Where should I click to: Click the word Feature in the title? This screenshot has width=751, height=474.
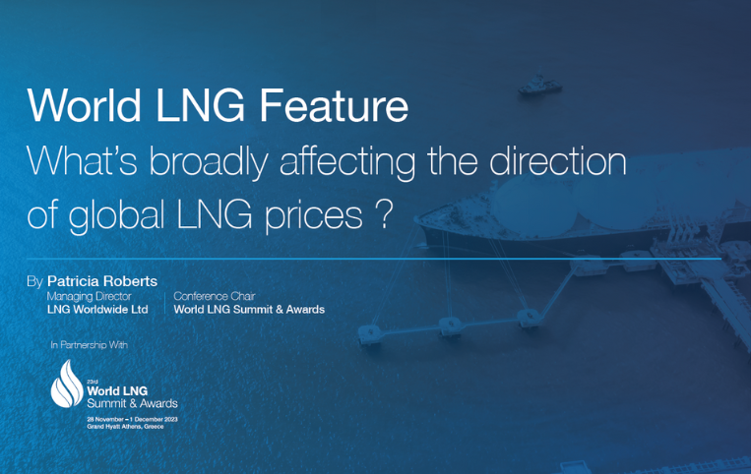click(334, 105)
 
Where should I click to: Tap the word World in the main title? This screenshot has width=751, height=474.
click(85, 105)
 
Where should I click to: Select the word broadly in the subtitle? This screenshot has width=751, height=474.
click(209, 160)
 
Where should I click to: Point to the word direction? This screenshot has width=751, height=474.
click(557, 160)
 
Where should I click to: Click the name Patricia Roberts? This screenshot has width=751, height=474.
click(102, 281)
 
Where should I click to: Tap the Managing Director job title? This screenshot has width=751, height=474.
click(90, 297)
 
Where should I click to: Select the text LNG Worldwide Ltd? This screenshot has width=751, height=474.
click(97, 310)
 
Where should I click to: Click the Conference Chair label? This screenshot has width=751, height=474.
click(215, 296)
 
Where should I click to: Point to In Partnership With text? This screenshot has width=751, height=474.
click(90, 345)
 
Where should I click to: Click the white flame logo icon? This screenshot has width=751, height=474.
click(68, 385)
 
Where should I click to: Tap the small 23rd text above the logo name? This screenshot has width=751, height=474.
click(92, 382)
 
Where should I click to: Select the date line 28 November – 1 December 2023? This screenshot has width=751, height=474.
click(132, 420)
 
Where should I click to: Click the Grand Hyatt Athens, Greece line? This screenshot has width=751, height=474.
click(125, 427)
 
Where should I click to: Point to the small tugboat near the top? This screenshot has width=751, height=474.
click(539, 86)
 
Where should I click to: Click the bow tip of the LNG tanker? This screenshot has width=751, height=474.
click(415, 220)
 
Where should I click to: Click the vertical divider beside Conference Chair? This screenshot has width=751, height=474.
click(164, 303)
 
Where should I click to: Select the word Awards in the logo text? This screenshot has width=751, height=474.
click(158, 404)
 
